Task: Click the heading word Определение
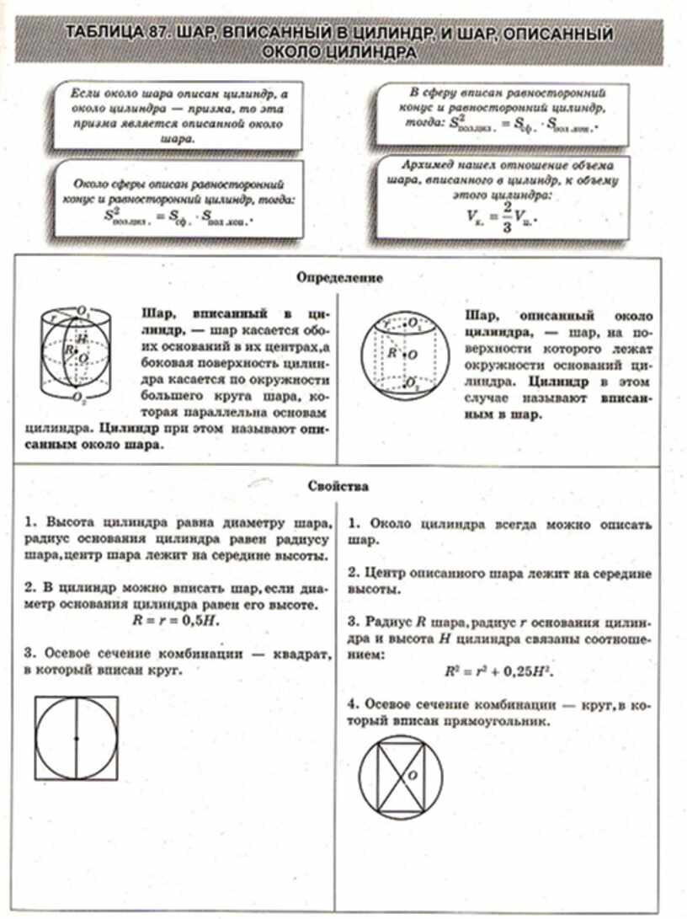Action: point(341,276)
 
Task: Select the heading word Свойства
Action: point(341,486)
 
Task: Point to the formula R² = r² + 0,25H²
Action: point(503,672)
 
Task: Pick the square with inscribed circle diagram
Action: point(77,738)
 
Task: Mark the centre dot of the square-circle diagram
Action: point(77,739)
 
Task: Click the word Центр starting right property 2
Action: point(389,573)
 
